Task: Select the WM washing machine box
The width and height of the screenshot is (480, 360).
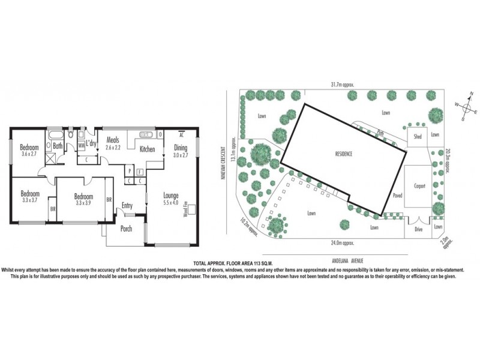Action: (82, 145)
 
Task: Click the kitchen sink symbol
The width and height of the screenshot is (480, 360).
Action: (146, 136)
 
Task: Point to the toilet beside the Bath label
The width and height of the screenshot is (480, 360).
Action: (71, 135)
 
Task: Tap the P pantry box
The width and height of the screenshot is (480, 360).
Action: (129, 171)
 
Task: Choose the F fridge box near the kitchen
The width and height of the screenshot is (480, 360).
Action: (139, 171)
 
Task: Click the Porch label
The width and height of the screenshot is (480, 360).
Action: (126, 229)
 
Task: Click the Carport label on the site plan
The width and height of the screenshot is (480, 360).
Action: (419, 186)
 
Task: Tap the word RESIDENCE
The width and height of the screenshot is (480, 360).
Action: (344, 154)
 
